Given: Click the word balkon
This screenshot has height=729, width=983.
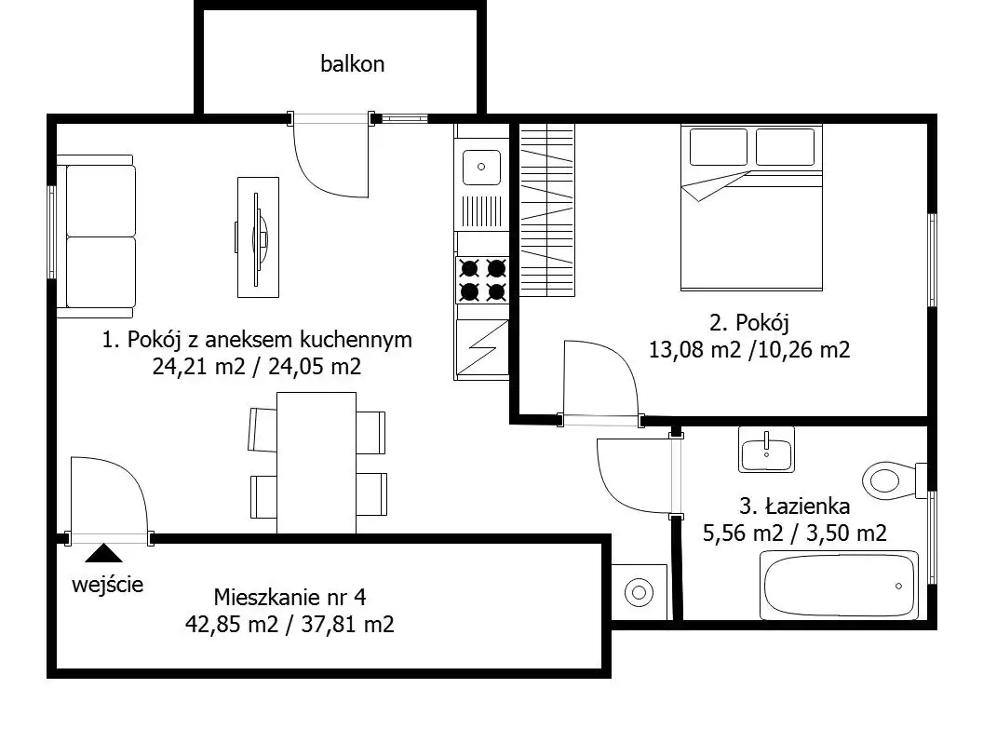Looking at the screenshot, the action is (x=352, y=64).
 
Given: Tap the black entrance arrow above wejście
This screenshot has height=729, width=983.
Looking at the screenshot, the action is (x=104, y=553).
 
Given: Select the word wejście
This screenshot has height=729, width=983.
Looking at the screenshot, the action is (x=108, y=585).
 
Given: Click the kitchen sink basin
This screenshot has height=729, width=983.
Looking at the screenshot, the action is (x=481, y=167).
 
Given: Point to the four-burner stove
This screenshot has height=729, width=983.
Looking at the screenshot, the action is (x=483, y=279).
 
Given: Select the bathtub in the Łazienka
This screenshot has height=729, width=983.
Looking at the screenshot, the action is (x=839, y=584).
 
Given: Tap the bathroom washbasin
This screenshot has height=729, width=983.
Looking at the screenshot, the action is (x=766, y=450).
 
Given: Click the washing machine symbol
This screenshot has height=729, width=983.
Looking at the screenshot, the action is (x=639, y=592).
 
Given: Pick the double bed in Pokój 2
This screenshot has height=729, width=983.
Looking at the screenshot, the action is (x=751, y=208).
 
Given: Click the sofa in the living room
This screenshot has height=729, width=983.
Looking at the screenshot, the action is (x=97, y=236).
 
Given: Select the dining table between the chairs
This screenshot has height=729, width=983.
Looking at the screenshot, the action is (x=316, y=464).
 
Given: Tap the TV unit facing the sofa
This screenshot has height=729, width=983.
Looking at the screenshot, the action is (x=258, y=236).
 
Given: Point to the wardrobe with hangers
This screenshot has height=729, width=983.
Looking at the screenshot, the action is (x=546, y=210).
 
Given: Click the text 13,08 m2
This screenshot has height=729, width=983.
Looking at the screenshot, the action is (x=694, y=350).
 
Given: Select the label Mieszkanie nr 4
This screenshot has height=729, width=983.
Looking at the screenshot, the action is (x=290, y=597).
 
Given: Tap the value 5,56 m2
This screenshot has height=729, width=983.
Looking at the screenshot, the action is (x=743, y=533).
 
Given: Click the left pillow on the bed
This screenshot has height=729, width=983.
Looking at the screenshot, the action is (x=719, y=147).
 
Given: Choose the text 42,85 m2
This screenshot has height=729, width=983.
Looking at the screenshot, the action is (x=232, y=625).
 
